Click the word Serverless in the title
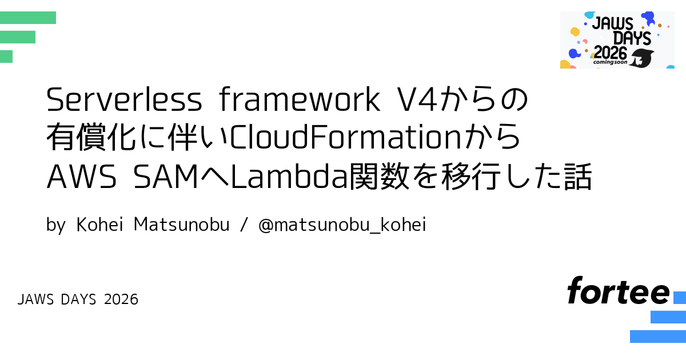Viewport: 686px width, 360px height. coord(124,99)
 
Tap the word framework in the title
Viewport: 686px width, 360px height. coord(300,99)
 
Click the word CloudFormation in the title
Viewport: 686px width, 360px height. coord(345,137)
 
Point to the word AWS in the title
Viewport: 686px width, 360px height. coord(81,177)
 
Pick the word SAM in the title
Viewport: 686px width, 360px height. coord(166,177)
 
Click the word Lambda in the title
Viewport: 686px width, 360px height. coord(290,175)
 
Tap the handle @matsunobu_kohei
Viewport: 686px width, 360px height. coord(342,225)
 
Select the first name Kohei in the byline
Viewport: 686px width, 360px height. coord(99,224)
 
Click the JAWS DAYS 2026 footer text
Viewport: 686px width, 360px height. coord(78,299)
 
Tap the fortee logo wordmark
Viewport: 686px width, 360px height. coord(619,290)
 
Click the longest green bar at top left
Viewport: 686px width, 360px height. coord(28,18)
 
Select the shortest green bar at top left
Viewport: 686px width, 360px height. coord(6,57)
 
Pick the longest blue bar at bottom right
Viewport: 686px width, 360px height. coord(658,337)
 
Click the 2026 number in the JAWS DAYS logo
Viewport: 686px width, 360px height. coord(611,53)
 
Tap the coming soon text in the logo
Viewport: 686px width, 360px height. coord(610,62)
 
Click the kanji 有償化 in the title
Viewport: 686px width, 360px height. coord(91,137)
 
